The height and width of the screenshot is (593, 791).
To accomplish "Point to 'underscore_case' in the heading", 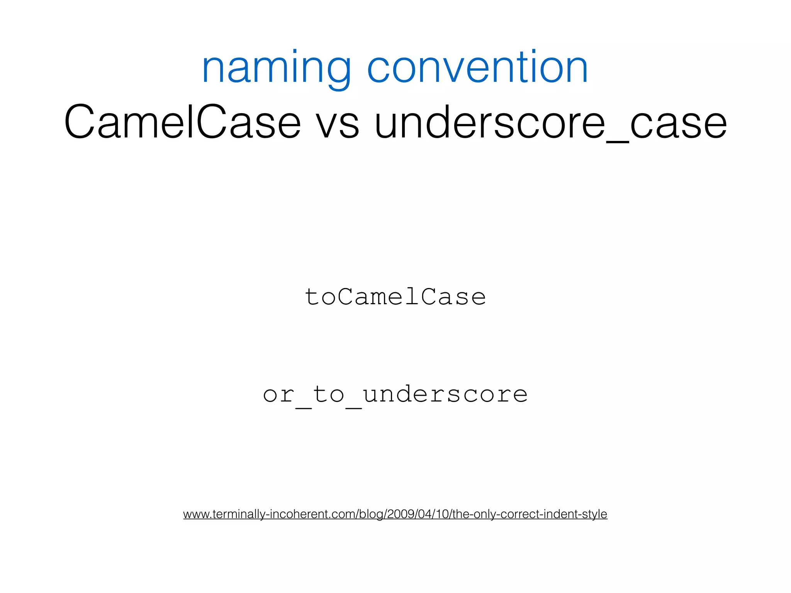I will pyautogui.click(x=551, y=123).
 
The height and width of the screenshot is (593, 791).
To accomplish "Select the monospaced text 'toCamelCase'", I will pyautogui.click(x=395, y=297).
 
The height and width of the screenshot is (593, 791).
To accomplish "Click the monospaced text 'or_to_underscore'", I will pyautogui.click(x=395, y=395).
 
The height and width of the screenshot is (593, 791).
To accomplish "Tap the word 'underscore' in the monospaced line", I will pyautogui.click(x=445, y=395).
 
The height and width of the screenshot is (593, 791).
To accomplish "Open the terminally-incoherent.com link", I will pyautogui.click(x=395, y=514).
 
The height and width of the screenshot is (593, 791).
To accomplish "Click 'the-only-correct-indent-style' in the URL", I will pyautogui.click(x=530, y=514).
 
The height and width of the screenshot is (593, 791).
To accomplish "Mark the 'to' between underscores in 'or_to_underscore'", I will pyautogui.click(x=329, y=395).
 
